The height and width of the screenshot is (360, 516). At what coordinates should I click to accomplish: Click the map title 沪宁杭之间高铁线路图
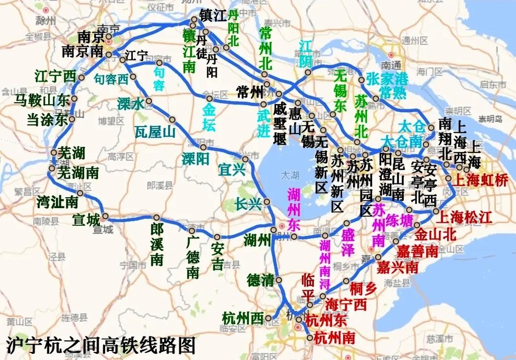click(x=101, y=346)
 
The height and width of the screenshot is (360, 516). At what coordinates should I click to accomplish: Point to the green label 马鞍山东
click(x=41, y=100)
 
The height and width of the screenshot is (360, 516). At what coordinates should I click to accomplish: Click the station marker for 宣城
click(x=106, y=216)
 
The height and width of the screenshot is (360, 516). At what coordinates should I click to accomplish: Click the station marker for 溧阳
click(x=203, y=147)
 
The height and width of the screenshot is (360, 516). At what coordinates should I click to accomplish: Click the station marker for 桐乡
click(x=346, y=281)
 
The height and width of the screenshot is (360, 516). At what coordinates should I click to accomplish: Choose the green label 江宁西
click(x=55, y=77)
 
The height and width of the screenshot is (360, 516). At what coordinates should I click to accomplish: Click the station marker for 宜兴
click(x=245, y=159)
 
